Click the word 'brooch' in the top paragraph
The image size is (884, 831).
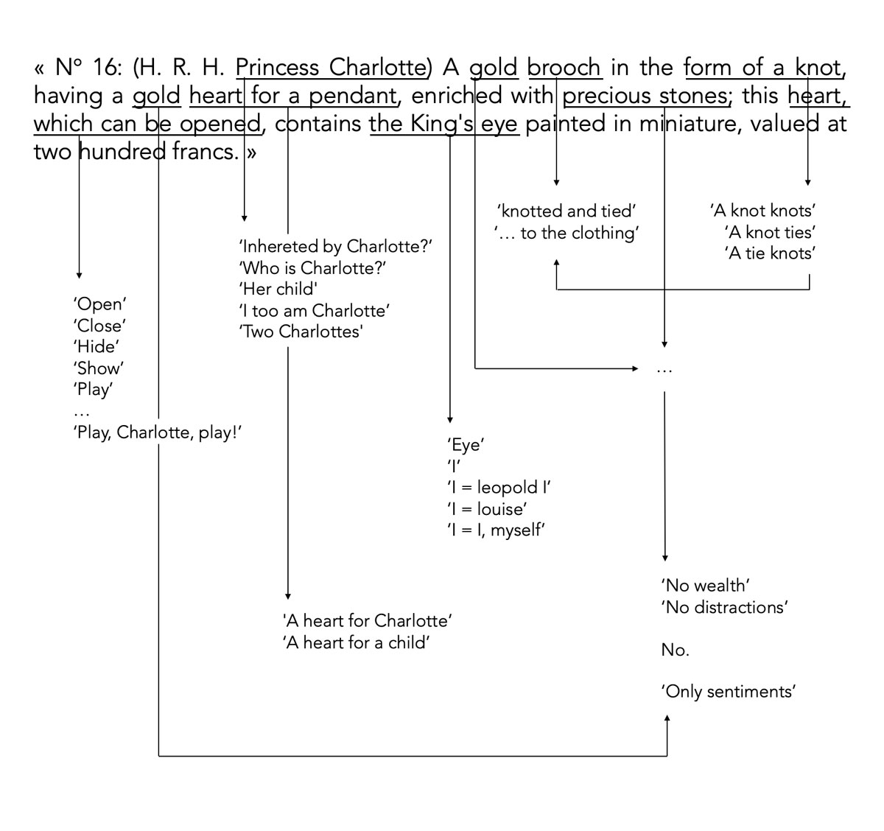click(x=564, y=68)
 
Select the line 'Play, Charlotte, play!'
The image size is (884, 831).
click(x=158, y=432)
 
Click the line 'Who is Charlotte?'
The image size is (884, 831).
click(x=313, y=267)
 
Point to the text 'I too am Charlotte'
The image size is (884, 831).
click(x=314, y=310)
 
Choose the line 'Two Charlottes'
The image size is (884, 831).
click(x=301, y=332)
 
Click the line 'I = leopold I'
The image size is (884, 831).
click(x=499, y=487)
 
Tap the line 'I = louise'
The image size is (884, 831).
click(x=487, y=508)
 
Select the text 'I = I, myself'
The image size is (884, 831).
click(x=496, y=530)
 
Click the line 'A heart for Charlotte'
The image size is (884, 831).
click(x=367, y=620)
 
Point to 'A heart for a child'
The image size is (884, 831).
click(x=357, y=642)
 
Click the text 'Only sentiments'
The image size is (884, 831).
click(x=729, y=692)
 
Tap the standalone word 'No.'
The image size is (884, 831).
click(x=675, y=650)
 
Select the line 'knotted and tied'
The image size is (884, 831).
click(x=566, y=211)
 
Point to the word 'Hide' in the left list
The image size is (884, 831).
click(x=97, y=347)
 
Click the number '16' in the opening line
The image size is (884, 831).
click(x=107, y=68)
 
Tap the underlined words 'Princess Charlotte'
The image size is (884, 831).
click(x=331, y=68)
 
